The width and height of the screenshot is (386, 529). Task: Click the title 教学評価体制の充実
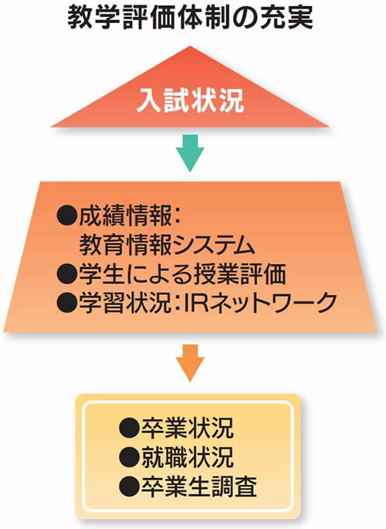pyautogui.click(x=190, y=17)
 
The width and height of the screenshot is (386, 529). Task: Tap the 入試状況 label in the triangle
pyautogui.click(x=190, y=100)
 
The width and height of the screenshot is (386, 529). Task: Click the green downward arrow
pyautogui.click(x=190, y=153)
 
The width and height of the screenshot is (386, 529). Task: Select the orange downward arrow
pyautogui.click(x=190, y=363)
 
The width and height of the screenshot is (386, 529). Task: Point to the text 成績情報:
pyautogui.click(x=130, y=216)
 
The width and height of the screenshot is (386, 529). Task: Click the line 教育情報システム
pyautogui.click(x=167, y=245)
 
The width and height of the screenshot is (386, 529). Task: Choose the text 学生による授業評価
pyautogui.click(x=182, y=273)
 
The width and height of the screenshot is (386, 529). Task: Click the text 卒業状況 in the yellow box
pyautogui.click(x=187, y=428)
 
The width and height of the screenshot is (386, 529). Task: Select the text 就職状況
pyautogui.click(x=187, y=457)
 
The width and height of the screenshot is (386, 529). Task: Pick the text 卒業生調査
pyautogui.click(x=199, y=487)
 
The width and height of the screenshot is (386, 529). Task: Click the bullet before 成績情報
pyautogui.click(x=67, y=216)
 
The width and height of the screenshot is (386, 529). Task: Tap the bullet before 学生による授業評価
pyautogui.click(x=67, y=273)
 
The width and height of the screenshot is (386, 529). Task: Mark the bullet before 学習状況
pyautogui.click(x=67, y=302)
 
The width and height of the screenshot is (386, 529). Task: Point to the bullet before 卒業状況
pyautogui.click(x=130, y=428)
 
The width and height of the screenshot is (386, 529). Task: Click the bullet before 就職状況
pyautogui.click(x=130, y=457)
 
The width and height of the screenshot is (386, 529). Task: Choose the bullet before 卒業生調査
pyautogui.click(x=130, y=487)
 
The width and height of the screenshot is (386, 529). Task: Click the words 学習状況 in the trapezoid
pyautogui.click(x=125, y=302)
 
